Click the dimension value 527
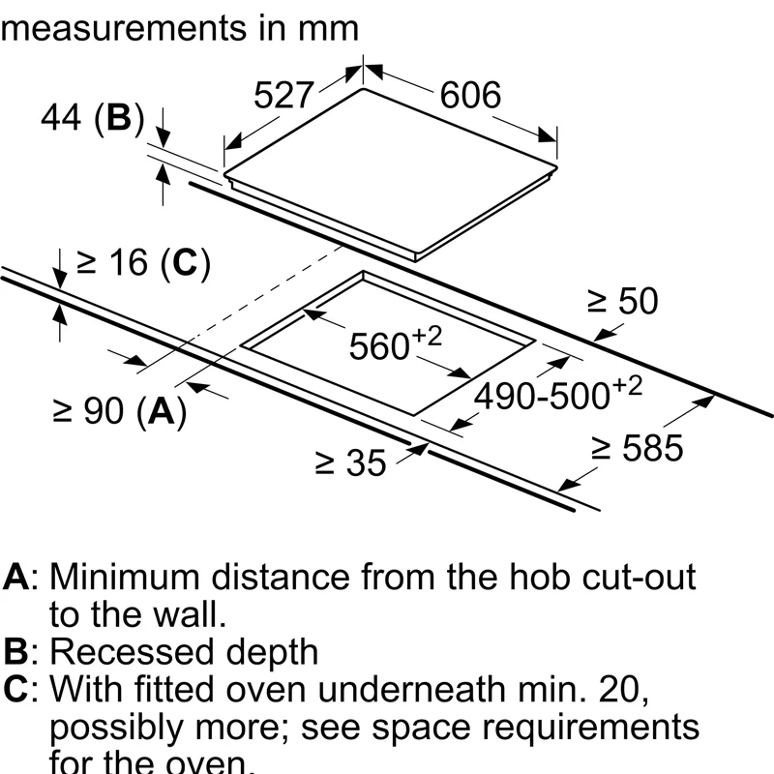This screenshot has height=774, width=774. pos(284,95)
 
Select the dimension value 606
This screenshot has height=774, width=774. pos(471,95)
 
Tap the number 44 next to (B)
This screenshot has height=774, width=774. pos(60,118)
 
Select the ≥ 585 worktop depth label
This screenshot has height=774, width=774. pos(638,448)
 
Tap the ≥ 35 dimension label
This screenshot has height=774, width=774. pos(350,462)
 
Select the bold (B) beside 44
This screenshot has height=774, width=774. pos(118,118)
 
